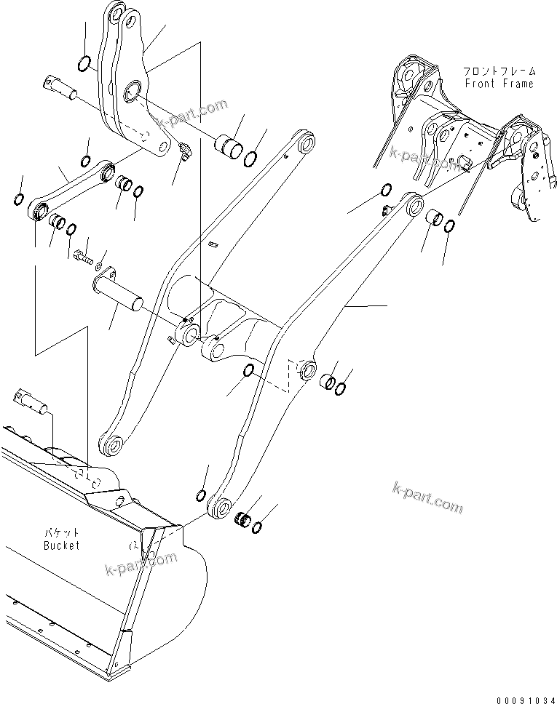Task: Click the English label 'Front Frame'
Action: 499,84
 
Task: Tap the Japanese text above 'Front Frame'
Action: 499,71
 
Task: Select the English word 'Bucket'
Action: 61,545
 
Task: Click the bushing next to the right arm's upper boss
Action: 435,217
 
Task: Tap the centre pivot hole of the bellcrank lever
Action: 135,92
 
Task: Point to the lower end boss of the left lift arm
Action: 112,445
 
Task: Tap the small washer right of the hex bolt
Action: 100,261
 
